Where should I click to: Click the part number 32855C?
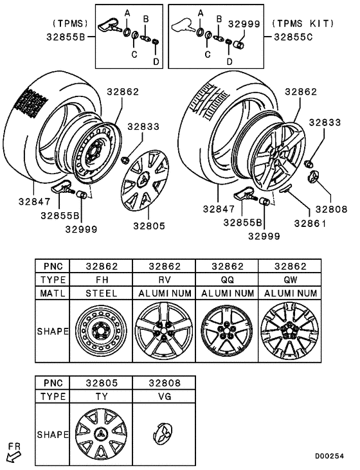tap(293, 37)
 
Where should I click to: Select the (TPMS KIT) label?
tap(303, 23)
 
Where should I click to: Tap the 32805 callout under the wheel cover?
tap(149, 226)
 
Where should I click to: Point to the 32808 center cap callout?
tap(331, 209)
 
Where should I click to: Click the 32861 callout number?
tap(310, 223)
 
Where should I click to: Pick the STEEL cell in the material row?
tap(102, 293)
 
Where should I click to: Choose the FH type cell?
tap(102, 280)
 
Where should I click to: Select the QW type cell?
tap(290, 280)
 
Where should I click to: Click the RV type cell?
tap(165, 280)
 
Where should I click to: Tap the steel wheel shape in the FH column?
tap(102, 331)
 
